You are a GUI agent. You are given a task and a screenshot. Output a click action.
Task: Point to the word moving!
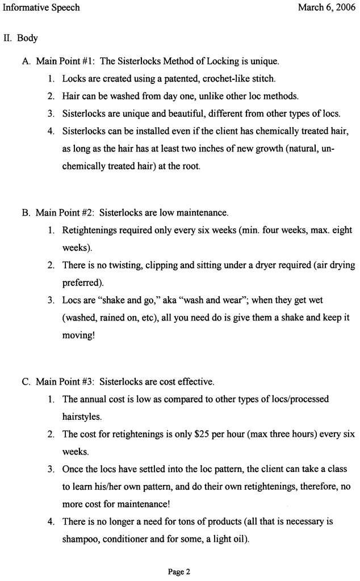point(79,335)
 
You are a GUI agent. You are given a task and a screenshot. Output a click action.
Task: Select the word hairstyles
point(82,417)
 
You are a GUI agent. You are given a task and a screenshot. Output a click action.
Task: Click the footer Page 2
point(179,572)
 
